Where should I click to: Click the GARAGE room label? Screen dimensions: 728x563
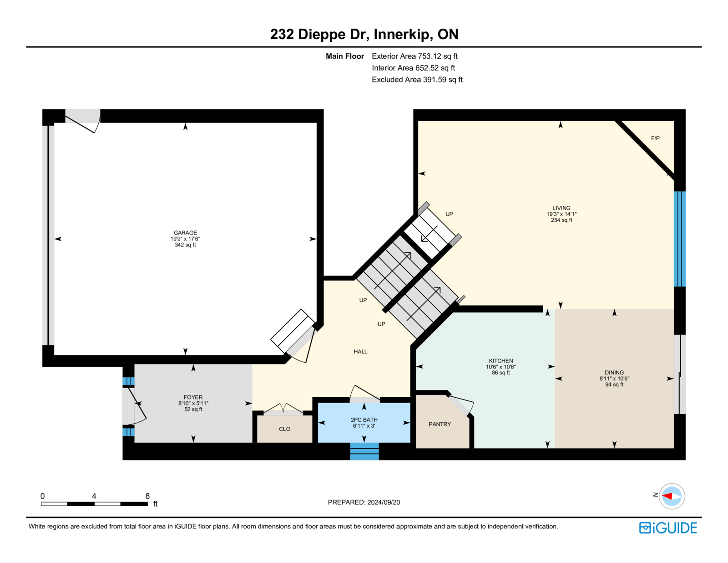pos(185,233)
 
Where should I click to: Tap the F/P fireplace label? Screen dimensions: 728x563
pos(655,138)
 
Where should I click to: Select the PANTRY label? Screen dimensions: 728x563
pos(440,424)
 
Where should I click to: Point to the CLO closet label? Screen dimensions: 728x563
pos(285,429)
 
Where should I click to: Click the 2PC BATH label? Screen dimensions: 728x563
pos(364,420)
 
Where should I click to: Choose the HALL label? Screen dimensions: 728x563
pos(360,351)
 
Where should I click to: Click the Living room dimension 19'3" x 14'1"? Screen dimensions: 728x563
pos(561,214)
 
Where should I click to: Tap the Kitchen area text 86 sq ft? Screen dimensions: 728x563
pos(501,373)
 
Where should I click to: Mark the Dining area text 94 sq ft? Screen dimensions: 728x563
pos(614,384)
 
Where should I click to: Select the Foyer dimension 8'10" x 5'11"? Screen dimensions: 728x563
pos(193,403)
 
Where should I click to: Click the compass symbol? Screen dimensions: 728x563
pos(672,496)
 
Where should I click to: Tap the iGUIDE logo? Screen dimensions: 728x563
pos(668,528)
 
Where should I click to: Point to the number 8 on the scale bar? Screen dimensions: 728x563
pos(147,496)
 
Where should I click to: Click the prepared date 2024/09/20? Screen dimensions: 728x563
pos(384,502)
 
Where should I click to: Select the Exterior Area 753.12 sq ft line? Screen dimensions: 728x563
pos(415,56)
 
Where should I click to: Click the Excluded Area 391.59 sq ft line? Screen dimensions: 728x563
pos(417,80)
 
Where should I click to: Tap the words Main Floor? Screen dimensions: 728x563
pos(345,56)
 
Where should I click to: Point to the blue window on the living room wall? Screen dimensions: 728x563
pos(680,239)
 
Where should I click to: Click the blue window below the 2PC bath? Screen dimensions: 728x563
pos(364,451)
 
